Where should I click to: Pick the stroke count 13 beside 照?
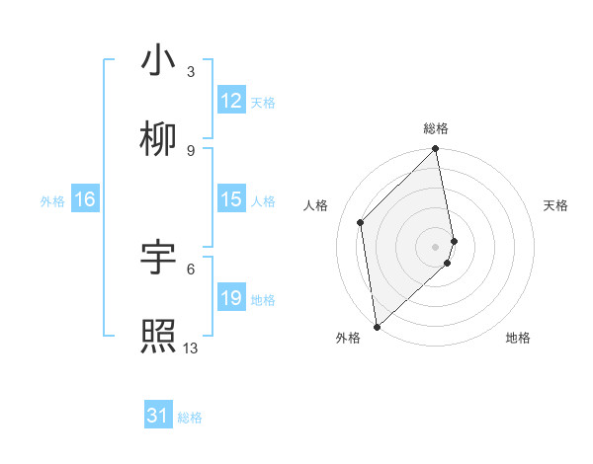[191, 348]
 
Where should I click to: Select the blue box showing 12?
[231, 101]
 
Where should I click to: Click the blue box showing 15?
[231, 199]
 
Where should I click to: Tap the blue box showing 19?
[231, 298]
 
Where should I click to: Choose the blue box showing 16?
[84, 199]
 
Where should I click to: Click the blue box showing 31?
[158, 417]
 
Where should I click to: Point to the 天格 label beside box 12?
[263, 102]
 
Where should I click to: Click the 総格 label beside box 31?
[190, 418]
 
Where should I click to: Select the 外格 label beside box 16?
[52, 200]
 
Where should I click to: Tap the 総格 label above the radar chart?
[436, 128]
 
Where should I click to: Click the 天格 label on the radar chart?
[556, 205]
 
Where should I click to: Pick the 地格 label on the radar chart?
[518, 338]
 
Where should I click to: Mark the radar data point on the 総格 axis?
[436, 150]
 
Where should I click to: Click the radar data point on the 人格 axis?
[361, 222]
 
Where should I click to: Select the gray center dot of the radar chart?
[436, 246]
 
